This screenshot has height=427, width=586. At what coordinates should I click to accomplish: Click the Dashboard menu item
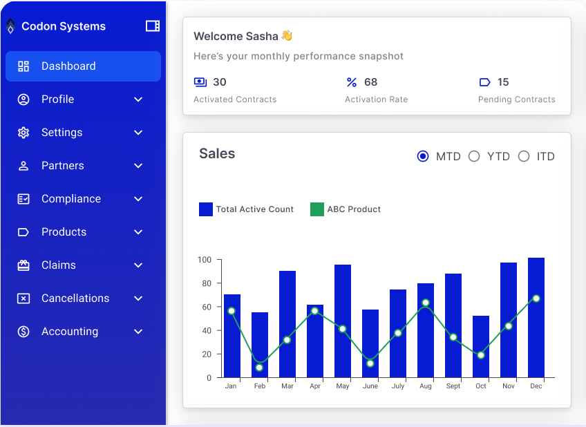[x=83, y=66]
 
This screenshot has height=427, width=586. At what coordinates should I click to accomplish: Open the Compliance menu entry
[x=71, y=199]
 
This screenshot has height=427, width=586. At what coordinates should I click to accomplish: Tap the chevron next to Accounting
[x=138, y=332]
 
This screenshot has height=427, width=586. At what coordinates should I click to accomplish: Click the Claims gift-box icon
[x=23, y=265]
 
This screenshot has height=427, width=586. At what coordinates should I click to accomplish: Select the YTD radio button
[x=474, y=156]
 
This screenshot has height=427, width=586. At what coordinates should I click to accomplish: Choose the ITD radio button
[x=524, y=156]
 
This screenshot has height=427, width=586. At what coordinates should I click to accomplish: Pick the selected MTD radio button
[x=423, y=156]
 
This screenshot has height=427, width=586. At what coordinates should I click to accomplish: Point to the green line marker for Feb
[x=259, y=368]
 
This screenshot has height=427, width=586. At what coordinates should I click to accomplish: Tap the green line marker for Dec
[x=536, y=298]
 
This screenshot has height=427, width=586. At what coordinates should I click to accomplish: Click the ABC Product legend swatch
[x=317, y=209]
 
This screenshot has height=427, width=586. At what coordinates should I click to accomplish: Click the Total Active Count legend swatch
[x=206, y=209]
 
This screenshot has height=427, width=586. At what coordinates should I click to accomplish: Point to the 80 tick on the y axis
[x=205, y=283]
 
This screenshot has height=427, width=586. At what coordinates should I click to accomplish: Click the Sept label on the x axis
[x=453, y=386]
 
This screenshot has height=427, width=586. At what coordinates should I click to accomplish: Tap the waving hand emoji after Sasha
[x=287, y=36]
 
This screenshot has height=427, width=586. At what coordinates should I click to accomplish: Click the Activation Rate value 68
[x=371, y=82]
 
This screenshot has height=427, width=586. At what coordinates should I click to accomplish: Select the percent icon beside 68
[x=352, y=82]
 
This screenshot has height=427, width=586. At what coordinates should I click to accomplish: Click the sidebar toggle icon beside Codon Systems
[x=153, y=26]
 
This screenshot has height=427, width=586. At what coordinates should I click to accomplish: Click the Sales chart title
[x=217, y=154]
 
